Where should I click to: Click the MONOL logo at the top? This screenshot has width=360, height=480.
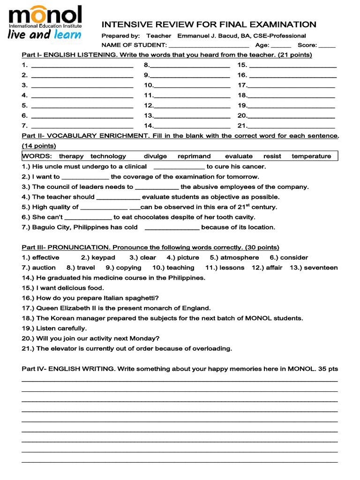45,17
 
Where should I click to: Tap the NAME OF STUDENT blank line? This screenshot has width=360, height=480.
209,45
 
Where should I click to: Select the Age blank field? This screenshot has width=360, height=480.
281,45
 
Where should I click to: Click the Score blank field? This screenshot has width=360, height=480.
327,45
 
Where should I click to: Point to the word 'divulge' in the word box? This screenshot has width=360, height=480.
155,156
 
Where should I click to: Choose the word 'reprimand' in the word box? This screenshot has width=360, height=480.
194,156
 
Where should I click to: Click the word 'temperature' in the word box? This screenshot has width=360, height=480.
311,156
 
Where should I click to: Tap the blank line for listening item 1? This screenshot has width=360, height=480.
82,66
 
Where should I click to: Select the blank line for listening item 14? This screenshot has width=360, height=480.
192,126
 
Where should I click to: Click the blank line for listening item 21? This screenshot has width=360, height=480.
292,126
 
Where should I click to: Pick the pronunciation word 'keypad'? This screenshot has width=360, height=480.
103,257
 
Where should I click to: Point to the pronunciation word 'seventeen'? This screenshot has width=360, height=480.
321,268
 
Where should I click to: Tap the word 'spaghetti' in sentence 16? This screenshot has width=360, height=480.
142,298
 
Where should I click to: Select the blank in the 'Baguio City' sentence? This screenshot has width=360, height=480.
172,228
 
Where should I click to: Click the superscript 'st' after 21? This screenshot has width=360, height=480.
247,205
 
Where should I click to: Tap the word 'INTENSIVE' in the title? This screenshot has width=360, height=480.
124,24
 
